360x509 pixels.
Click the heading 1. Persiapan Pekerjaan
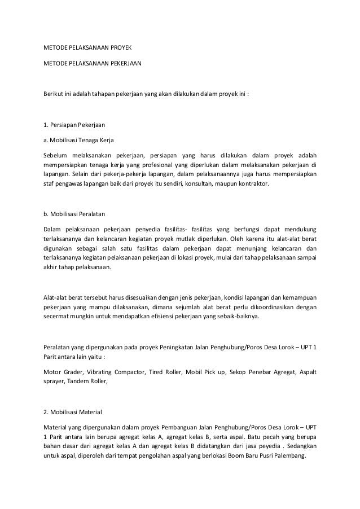pos(71,125)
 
